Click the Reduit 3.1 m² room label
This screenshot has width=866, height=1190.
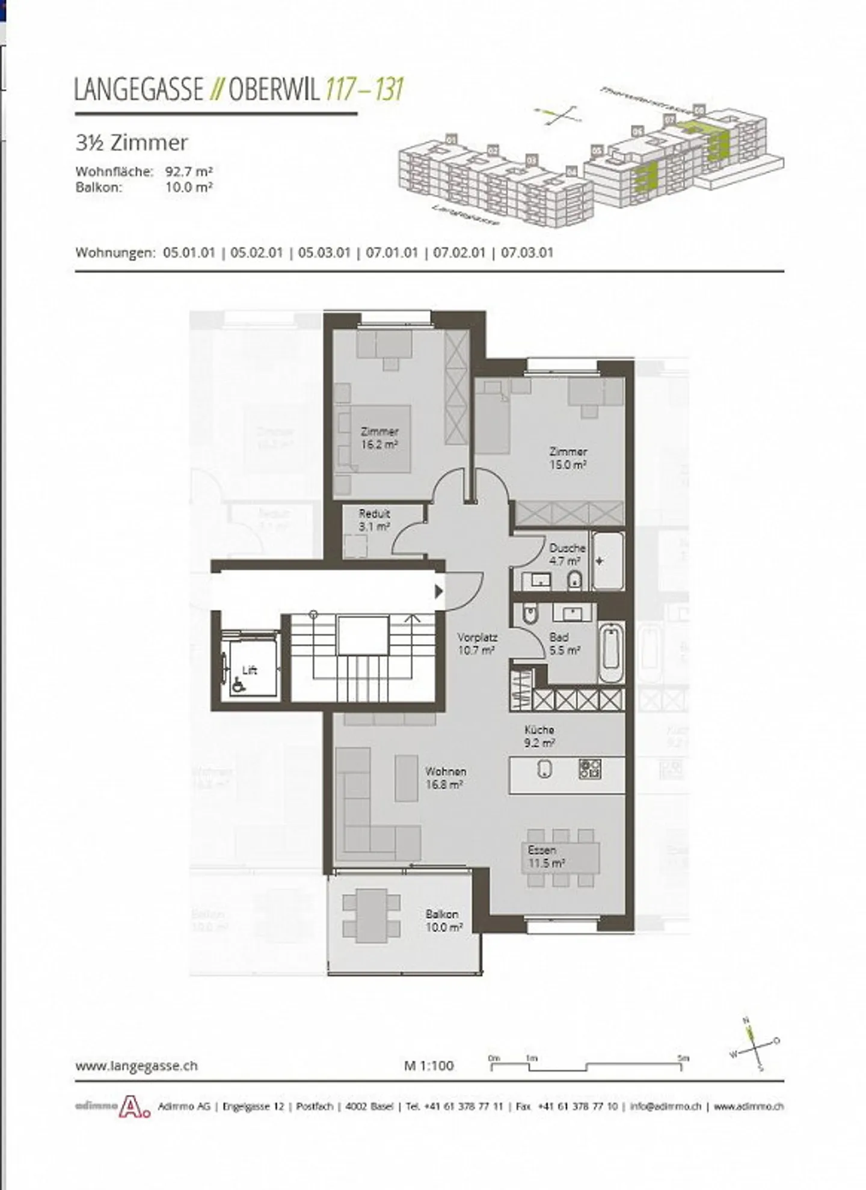[x=374, y=520]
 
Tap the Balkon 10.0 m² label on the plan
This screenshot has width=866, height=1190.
[x=444, y=921]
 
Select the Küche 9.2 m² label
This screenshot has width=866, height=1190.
[x=539, y=736]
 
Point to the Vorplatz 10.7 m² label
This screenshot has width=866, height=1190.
[x=476, y=643]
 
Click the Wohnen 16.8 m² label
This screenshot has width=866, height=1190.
[x=445, y=777]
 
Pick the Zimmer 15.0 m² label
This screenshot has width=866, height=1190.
[x=568, y=458]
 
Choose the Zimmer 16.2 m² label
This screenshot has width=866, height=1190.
[x=379, y=438]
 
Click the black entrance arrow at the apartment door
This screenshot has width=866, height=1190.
[x=439, y=592]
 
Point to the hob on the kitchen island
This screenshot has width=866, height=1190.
[x=590, y=768]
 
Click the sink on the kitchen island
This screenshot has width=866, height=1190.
[x=544, y=768]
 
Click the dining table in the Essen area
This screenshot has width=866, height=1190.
[x=560, y=856]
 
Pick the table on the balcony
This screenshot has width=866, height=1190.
[x=371, y=919]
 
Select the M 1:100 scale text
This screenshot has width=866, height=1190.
[x=429, y=1066]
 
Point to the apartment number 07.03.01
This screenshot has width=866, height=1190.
[x=527, y=253]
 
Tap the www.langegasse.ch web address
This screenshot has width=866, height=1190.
[x=137, y=1066]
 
